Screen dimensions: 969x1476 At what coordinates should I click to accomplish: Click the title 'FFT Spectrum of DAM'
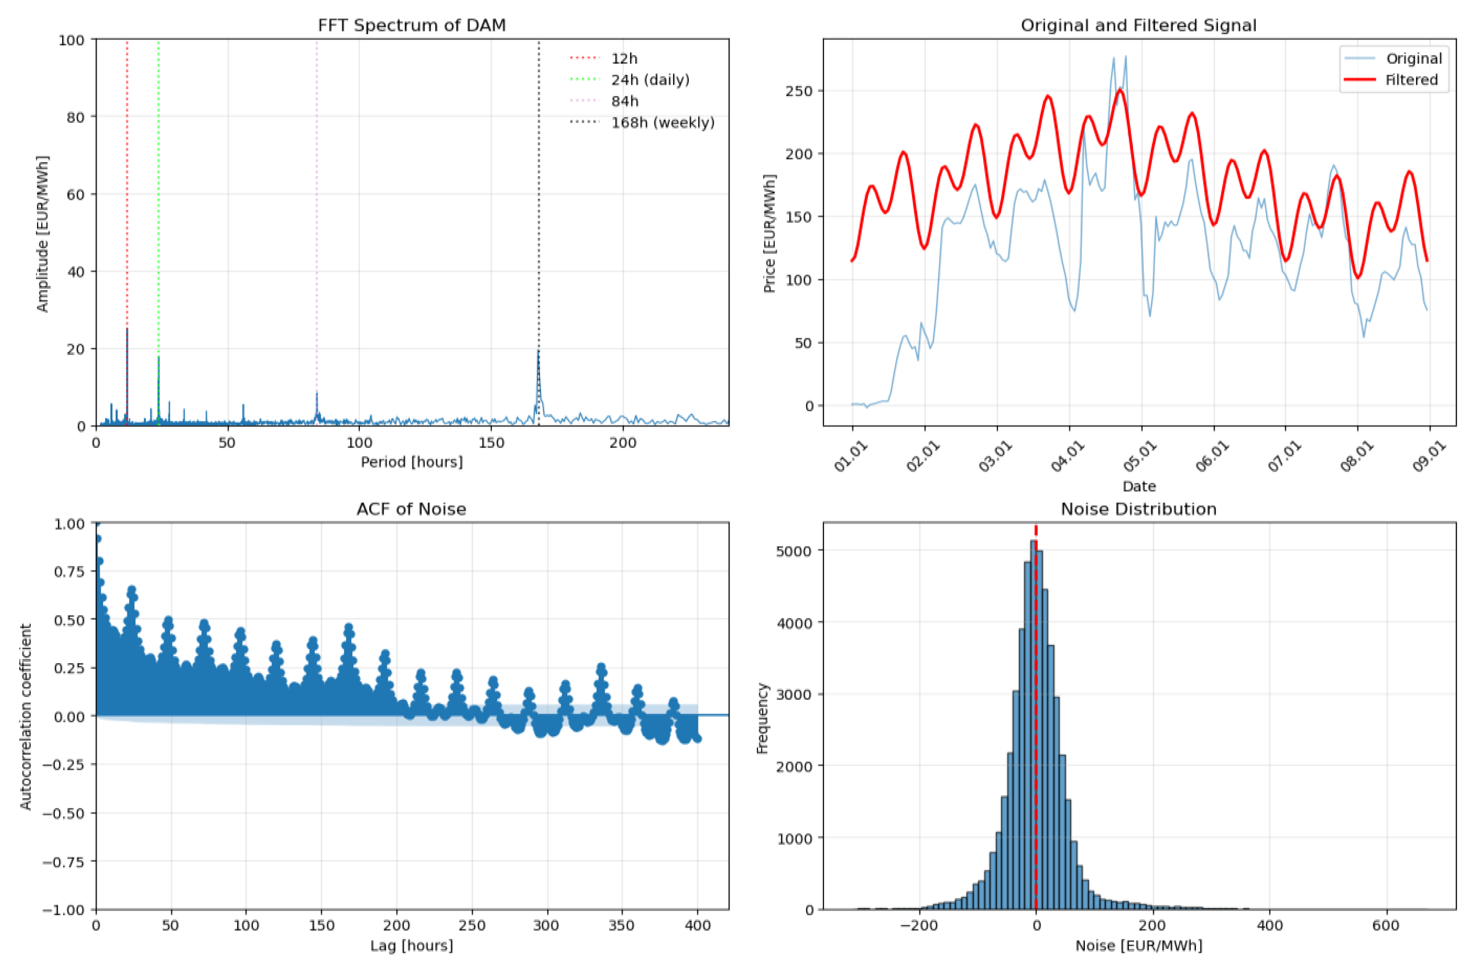point(411,25)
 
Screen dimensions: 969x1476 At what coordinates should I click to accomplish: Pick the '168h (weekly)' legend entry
point(662,123)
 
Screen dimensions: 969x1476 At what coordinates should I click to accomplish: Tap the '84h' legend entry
point(624,101)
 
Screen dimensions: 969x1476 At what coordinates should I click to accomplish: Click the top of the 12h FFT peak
point(127,330)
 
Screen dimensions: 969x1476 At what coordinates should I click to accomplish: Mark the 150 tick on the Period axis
point(491,443)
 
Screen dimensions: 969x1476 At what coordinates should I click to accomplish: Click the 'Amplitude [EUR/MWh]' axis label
point(42,233)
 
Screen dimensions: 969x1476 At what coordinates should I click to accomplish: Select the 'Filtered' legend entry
point(1411,80)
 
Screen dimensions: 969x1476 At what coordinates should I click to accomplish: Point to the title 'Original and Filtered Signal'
point(1139,25)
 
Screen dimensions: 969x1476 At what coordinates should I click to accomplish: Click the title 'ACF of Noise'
point(411,509)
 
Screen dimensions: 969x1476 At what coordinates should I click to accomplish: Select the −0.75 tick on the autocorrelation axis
point(63,862)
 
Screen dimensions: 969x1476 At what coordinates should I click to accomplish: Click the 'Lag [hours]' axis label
point(411,946)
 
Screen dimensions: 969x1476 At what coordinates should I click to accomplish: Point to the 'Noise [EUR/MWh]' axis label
point(1139,946)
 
